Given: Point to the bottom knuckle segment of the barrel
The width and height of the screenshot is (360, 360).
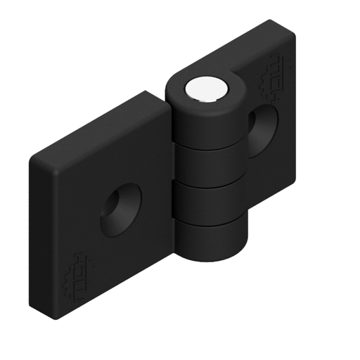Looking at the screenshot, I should tap(210, 239).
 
